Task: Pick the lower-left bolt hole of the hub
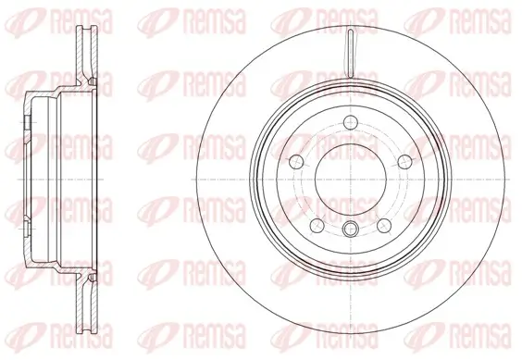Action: pos(315,223)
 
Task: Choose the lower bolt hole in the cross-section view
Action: pos(27,232)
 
